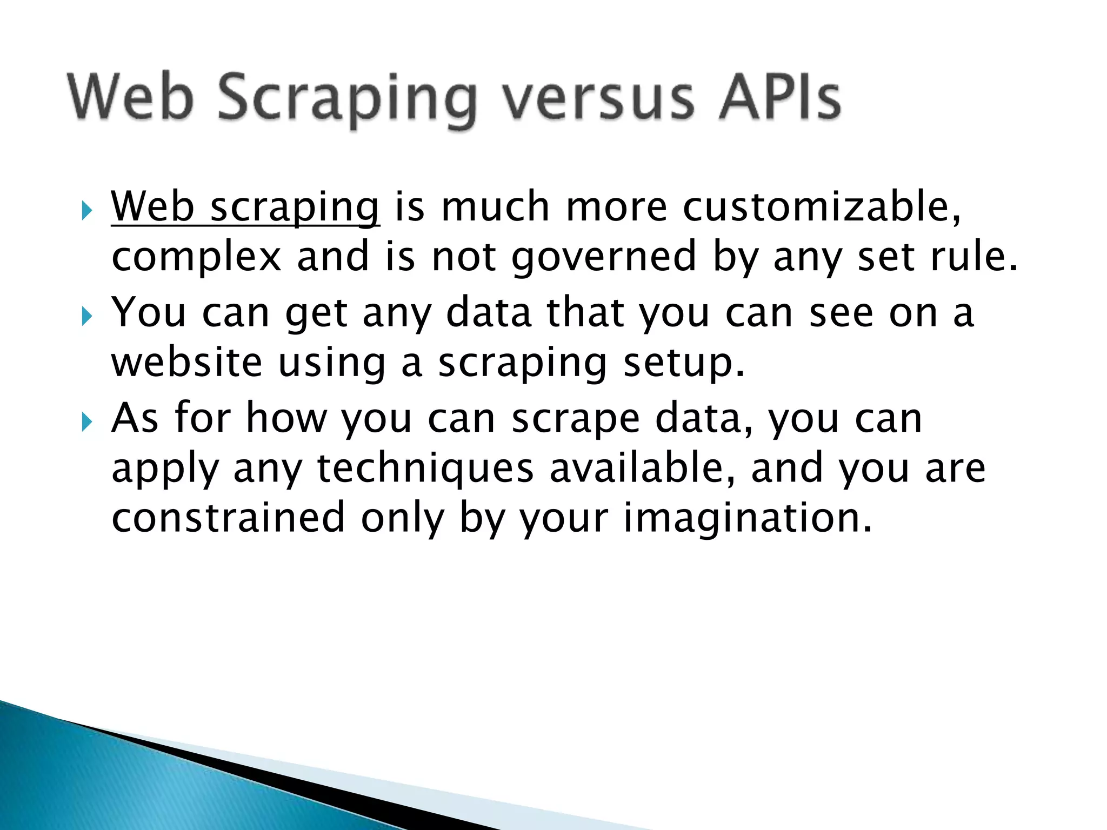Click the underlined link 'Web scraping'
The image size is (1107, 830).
point(245,207)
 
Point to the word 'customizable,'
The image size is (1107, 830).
point(822,207)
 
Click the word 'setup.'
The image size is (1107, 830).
point(684,363)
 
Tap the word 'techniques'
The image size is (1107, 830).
point(425,469)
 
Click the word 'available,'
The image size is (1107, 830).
point(643,468)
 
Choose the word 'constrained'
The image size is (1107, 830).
point(228,518)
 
